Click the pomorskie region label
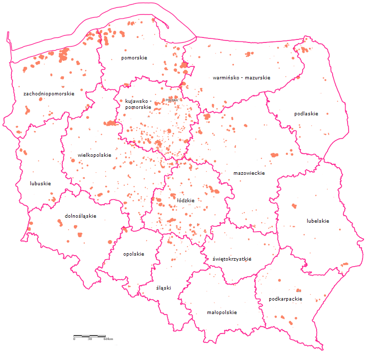(134, 58)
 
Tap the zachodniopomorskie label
(49, 93)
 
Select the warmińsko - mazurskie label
(241, 78)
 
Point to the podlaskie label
(306, 114)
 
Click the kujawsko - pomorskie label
(138, 104)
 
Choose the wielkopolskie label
(94, 155)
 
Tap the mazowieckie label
(249, 173)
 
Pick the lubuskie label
(40, 183)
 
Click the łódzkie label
(186, 200)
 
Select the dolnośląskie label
(80, 216)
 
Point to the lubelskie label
(318, 221)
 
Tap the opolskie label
(134, 254)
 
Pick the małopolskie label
(221, 312)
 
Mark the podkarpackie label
(285, 299)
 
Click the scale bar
(90, 336)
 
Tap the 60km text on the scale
(108, 339)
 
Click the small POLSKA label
(172, 100)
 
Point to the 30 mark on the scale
(90, 339)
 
